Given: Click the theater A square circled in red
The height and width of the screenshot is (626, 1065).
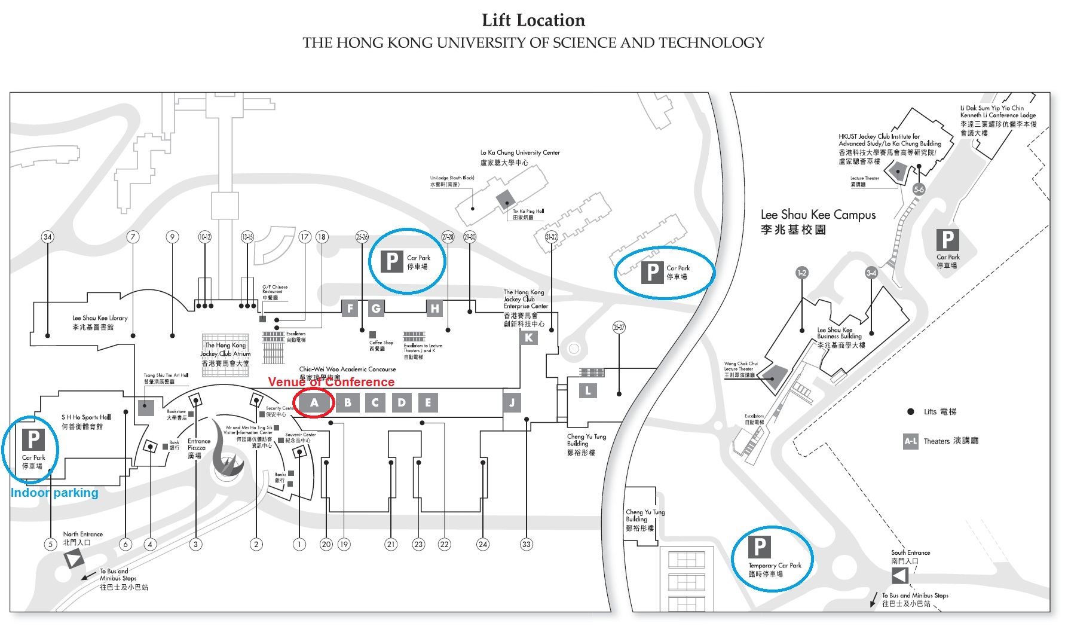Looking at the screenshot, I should [x=314, y=403].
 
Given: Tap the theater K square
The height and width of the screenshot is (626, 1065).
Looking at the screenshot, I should [x=528, y=338].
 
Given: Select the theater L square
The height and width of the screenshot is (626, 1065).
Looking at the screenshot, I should [x=588, y=391].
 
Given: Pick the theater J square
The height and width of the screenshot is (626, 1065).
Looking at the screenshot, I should [x=512, y=403].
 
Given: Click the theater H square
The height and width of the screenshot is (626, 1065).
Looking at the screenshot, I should [x=434, y=309].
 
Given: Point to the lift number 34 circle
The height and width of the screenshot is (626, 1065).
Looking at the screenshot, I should [x=47, y=237].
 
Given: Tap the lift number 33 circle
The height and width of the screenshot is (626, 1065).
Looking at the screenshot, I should [x=526, y=544].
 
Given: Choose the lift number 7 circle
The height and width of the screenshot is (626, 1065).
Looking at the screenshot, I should [x=133, y=237].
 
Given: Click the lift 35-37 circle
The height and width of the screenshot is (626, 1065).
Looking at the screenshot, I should [x=619, y=327].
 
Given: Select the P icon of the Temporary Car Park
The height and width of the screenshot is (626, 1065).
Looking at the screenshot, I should [x=759, y=546].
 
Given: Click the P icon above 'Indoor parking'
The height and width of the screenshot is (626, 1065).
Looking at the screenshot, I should [x=33, y=439].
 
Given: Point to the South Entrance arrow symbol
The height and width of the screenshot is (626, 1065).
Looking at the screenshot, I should [x=899, y=575].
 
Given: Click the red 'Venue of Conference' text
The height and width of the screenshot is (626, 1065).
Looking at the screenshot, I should [x=331, y=382].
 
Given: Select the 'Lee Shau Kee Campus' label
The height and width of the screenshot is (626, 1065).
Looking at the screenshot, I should [x=818, y=215].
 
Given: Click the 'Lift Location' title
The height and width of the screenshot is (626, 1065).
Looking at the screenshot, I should [x=533, y=20].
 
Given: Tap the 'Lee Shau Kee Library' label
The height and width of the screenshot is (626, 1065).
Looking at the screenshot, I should [x=100, y=318].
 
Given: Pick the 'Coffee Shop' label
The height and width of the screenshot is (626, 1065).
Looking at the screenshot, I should [x=381, y=343].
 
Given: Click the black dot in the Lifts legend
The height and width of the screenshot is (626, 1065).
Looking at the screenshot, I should [x=910, y=411].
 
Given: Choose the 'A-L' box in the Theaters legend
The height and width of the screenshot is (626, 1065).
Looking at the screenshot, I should [x=910, y=441].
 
